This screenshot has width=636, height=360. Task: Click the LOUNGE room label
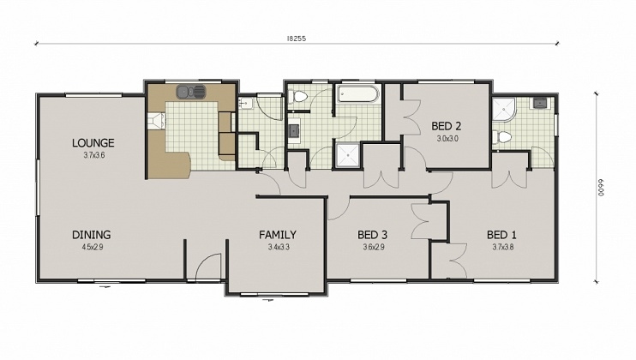(93, 143)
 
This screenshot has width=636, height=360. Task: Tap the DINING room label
(91, 234)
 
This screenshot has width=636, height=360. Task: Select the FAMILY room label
(278, 234)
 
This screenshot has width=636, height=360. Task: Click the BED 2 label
(447, 126)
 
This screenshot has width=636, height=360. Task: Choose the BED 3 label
(373, 234)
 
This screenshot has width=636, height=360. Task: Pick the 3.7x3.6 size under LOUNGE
(93, 155)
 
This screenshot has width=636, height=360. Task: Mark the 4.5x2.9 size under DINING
(91, 247)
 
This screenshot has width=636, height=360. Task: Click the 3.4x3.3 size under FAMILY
(278, 247)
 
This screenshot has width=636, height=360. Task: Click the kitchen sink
(189, 91)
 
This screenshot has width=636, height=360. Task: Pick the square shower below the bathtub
(348, 154)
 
